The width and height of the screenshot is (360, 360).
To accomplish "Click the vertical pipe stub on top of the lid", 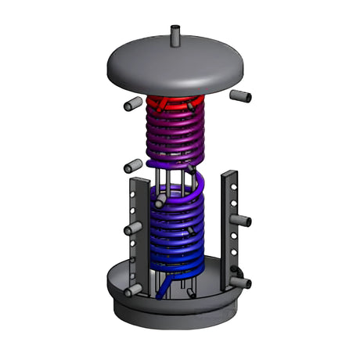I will tap(176, 36).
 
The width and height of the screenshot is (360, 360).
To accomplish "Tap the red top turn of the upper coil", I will tap(175, 103).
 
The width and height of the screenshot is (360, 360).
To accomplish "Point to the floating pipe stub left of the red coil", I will tap(131, 105).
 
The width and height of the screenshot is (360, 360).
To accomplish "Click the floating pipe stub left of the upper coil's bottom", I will tap(133, 166).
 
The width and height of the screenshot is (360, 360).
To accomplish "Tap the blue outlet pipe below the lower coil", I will tap(163, 291).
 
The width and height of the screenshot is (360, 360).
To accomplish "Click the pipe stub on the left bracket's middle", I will tap(132, 228).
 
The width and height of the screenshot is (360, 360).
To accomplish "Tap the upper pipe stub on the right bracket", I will tap(243, 221).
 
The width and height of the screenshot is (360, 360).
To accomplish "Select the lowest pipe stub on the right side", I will tap(240, 281).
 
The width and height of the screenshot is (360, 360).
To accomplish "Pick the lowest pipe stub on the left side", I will tap(132, 290).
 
